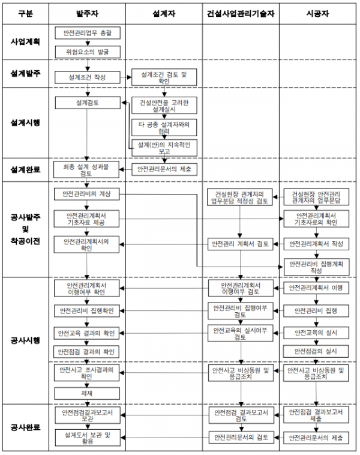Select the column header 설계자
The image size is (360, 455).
click(x=164, y=13)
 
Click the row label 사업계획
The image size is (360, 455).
click(x=25, y=42)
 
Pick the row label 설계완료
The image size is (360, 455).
click(x=25, y=169)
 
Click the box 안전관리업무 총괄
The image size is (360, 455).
click(x=88, y=34)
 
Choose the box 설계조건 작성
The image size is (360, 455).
click(x=88, y=77)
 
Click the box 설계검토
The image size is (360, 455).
click(x=88, y=103)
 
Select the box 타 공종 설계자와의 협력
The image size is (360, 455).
click(x=163, y=126)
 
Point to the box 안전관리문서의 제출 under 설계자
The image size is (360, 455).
click(x=163, y=169)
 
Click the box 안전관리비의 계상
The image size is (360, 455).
click(x=88, y=194)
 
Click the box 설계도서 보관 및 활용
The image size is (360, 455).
click(x=88, y=438)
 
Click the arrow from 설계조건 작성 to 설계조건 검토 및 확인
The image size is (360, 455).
click(x=127, y=77)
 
